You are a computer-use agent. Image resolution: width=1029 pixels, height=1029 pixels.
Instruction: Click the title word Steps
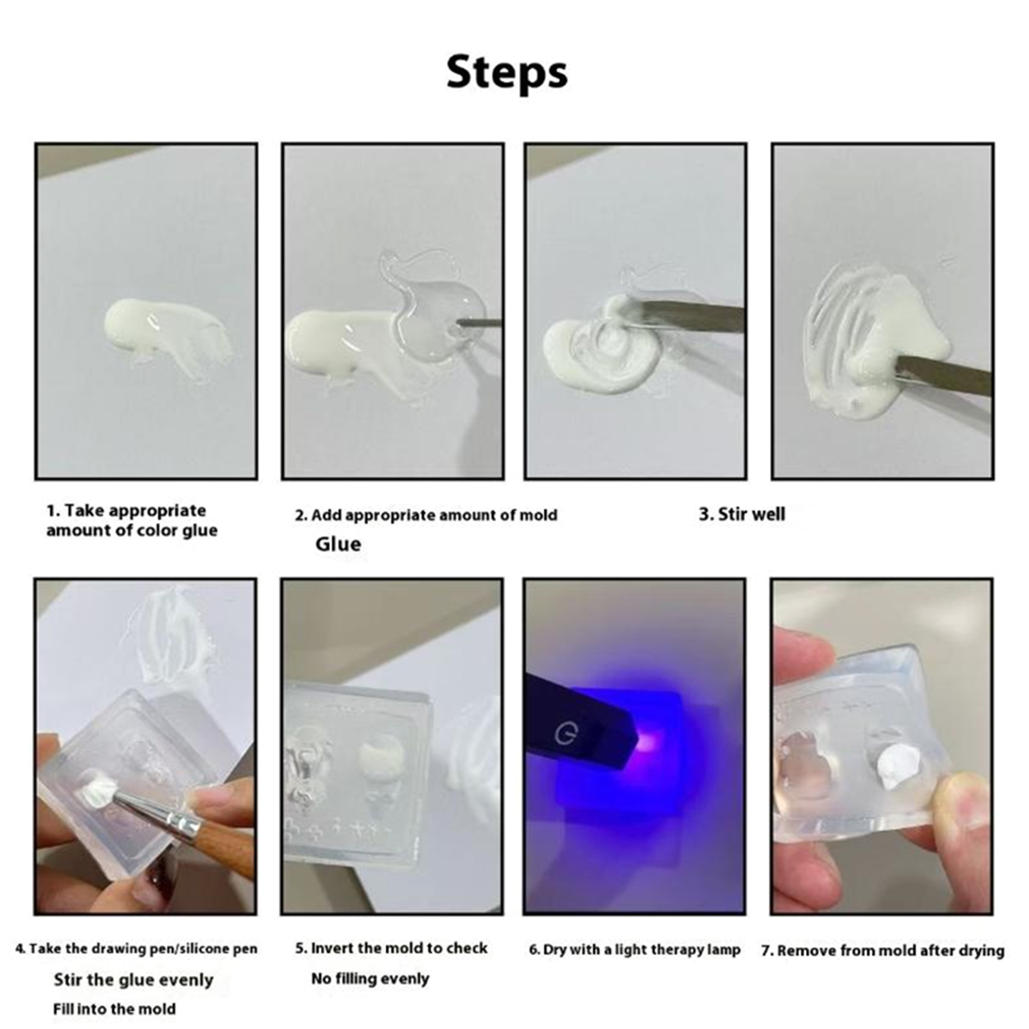[507, 72]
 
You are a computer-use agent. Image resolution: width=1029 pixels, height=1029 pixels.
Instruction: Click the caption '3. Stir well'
[742, 514]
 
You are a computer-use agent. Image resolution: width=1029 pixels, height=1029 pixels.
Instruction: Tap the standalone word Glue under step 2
[338, 544]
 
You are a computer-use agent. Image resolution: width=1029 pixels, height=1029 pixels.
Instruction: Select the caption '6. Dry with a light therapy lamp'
[634, 950]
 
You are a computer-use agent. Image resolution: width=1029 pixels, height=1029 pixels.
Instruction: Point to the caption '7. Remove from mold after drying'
[882, 951]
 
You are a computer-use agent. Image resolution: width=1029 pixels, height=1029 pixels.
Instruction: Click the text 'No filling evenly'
[370, 979]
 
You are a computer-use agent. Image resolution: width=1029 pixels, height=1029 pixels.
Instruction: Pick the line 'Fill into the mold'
[114, 1008]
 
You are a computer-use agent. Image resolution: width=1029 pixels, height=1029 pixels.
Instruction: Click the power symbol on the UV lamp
[564, 734]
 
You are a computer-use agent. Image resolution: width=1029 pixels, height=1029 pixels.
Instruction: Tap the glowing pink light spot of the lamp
[648, 743]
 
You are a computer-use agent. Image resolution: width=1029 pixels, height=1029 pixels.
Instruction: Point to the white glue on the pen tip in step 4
[98, 788]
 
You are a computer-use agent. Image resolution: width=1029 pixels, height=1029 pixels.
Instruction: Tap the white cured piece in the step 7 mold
[899, 769]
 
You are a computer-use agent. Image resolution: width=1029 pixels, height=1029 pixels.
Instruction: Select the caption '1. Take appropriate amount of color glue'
[131, 520]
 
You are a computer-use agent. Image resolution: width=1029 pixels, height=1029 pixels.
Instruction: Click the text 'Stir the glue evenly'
[133, 980]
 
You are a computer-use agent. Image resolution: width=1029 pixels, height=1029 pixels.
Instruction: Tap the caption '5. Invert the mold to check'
[391, 948]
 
